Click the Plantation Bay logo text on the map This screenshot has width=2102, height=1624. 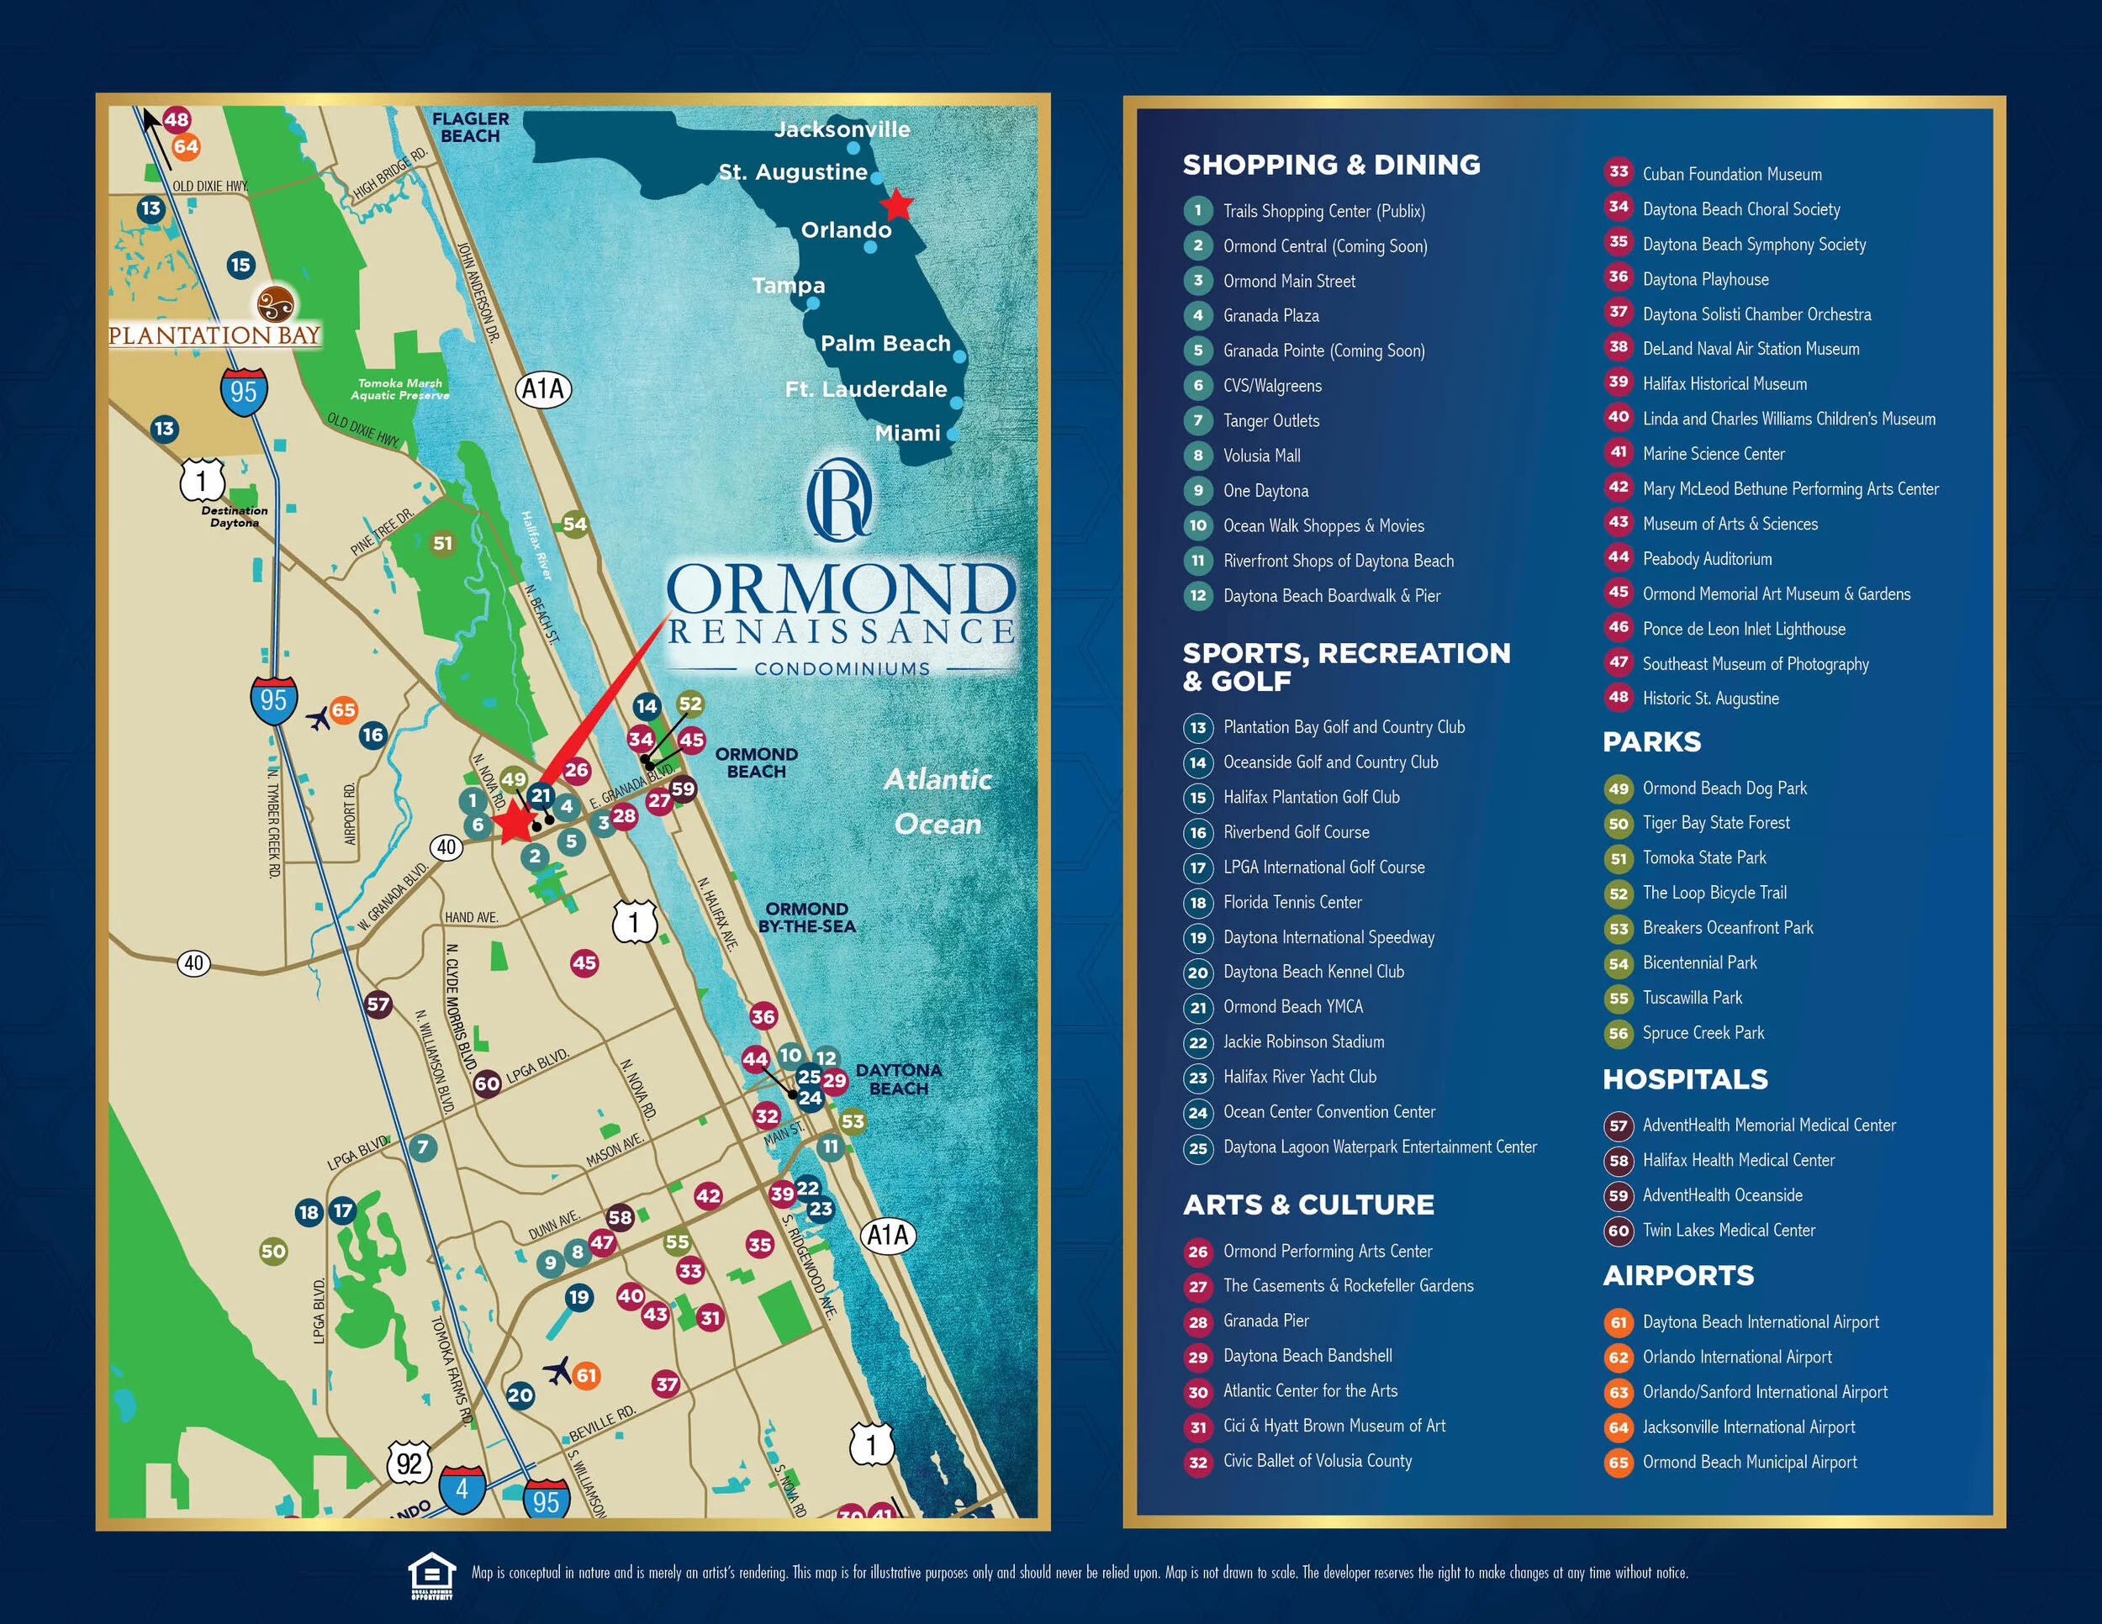[x=214, y=335]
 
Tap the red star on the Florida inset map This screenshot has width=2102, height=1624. [x=897, y=204]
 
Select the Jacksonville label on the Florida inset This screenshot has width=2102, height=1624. [x=842, y=129]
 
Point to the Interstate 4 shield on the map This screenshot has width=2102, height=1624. [x=462, y=1490]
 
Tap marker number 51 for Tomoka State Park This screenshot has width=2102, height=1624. [x=441, y=543]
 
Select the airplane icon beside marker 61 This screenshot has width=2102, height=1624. [x=557, y=1370]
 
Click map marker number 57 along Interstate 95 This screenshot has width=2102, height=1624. [x=378, y=1004]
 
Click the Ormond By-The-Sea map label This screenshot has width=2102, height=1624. [x=806, y=917]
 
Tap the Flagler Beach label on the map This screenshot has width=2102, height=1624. [x=471, y=127]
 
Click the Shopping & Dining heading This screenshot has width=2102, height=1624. [x=1331, y=165]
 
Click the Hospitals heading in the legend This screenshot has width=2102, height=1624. [x=1684, y=1079]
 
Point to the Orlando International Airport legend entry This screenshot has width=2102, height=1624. [x=1736, y=1358]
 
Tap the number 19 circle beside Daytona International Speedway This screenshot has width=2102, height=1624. [x=1198, y=938]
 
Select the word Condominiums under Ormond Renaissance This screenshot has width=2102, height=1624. [x=842, y=668]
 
